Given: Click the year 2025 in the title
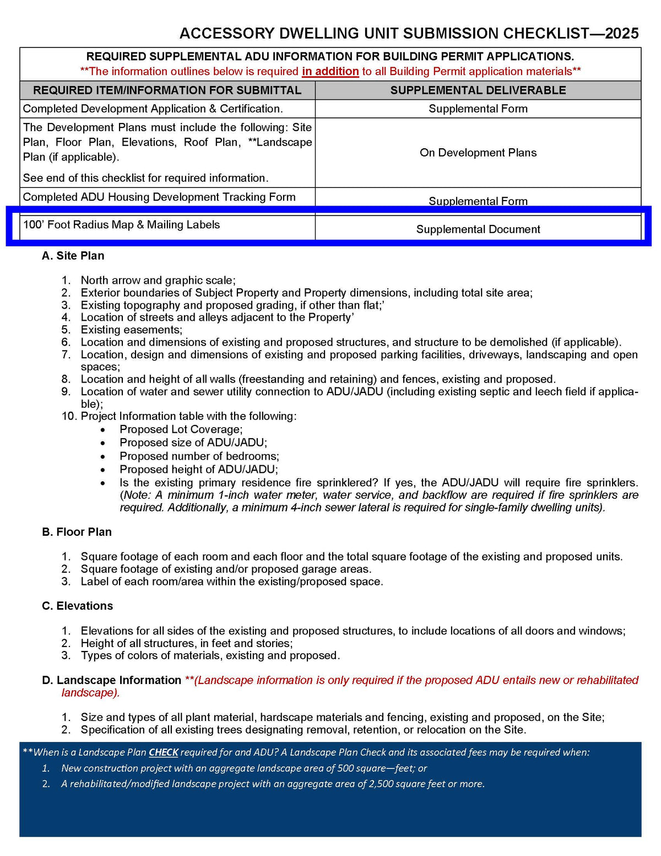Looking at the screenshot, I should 622,34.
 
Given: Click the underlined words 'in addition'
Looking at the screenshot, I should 330,72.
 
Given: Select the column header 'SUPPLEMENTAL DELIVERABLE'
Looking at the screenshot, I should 478,90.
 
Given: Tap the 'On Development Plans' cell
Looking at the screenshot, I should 478,153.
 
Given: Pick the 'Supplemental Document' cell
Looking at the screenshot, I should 478,229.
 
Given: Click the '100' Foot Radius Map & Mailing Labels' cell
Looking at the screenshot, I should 121,225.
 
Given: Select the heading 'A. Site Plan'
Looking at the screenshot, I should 73,256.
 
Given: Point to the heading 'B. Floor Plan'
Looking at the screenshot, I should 77,532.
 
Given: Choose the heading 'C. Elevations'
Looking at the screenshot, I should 77,606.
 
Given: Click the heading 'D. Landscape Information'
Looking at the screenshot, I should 111,680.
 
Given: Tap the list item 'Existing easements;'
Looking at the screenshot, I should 131,330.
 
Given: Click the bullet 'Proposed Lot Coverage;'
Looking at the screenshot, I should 181,429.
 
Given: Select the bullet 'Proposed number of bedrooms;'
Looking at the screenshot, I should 199,456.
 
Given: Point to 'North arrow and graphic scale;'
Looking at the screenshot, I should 158,281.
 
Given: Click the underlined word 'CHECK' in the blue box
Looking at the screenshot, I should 164,752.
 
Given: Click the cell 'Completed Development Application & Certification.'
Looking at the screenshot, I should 153,109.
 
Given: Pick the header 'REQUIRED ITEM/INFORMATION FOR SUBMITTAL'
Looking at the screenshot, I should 167,90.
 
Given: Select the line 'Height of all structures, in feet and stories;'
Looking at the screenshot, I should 187,643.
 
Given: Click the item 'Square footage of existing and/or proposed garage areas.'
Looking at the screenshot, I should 226,569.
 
